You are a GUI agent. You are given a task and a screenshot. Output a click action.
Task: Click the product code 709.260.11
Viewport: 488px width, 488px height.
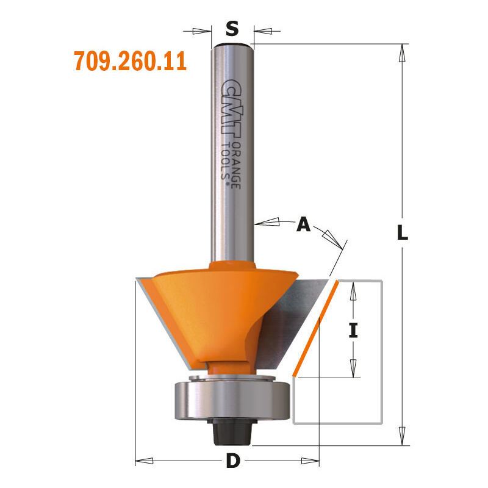click(x=130, y=62)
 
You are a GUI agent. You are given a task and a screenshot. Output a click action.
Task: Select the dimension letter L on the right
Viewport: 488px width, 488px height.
click(x=402, y=232)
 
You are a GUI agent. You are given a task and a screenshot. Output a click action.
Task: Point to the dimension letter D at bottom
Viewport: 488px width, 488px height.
click(x=232, y=461)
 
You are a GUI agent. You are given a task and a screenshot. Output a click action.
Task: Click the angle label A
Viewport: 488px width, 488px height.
click(x=303, y=225)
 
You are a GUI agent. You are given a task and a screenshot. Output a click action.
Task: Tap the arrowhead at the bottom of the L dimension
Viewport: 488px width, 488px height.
click(x=402, y=438)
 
